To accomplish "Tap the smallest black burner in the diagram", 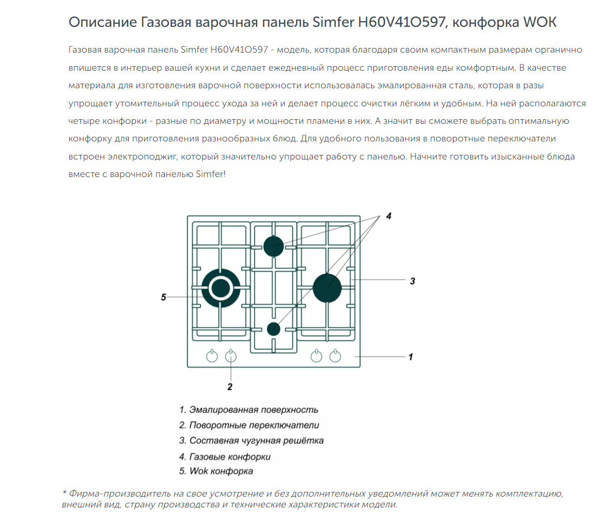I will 273,328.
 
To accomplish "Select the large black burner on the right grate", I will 327,288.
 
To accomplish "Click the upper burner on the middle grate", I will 273,246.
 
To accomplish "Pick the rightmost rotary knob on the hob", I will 335,356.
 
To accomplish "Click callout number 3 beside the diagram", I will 412,281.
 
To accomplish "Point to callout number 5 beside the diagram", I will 163,297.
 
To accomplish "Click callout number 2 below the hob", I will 230,386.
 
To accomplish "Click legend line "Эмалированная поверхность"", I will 249,410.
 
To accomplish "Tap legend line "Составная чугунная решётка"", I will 252,441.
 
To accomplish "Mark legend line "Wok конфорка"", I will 216,471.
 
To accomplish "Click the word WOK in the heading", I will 540,23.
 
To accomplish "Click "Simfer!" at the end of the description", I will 210,174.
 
